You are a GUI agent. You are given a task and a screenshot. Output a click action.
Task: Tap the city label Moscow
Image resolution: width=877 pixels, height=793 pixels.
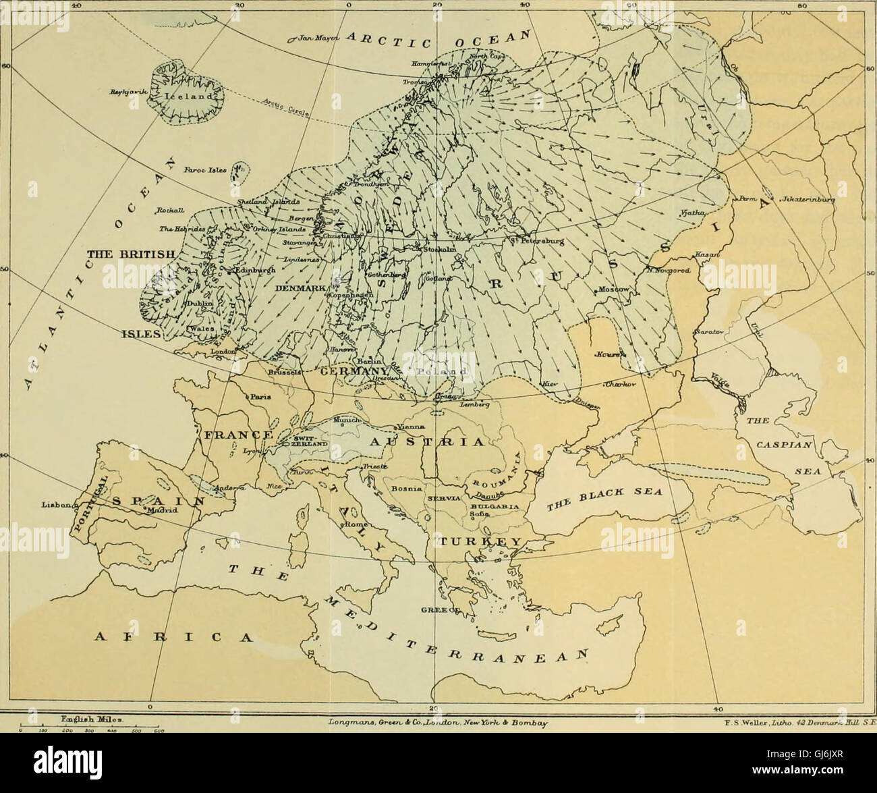click(613, 290)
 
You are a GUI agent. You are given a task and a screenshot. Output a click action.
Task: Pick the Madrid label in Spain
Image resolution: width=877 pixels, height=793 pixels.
click(161, 511)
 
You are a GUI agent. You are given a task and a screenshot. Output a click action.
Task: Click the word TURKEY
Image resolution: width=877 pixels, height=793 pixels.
click(480, 542)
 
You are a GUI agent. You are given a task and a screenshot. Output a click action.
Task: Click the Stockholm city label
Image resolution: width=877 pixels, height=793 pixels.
click(439, 250)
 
